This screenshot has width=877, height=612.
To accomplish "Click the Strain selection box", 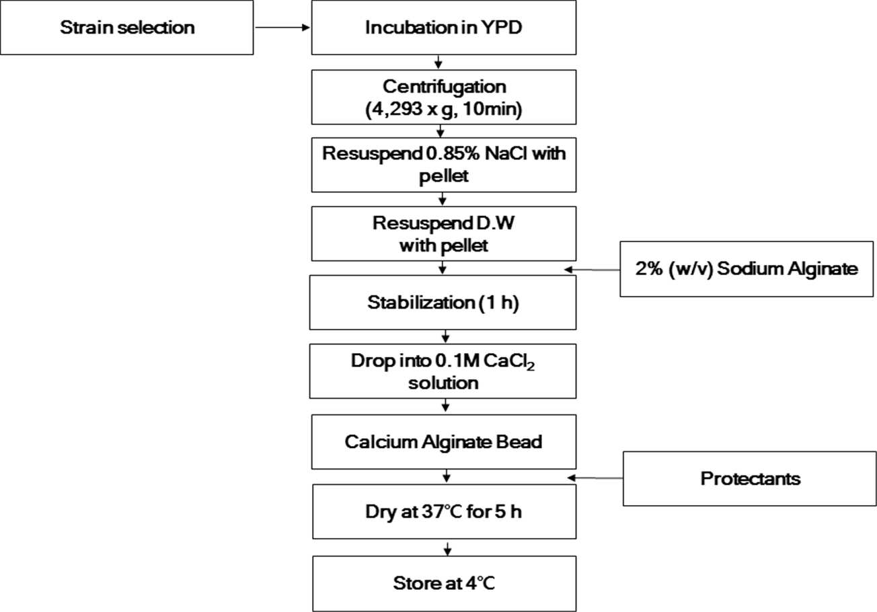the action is [127, 28].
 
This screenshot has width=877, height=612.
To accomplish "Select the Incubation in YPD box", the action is [444, 28].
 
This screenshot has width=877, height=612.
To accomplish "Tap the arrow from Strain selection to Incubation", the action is [282, 28].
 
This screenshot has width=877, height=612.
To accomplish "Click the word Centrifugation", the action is [444, 87].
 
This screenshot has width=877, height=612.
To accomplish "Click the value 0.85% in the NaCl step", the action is [452, 153].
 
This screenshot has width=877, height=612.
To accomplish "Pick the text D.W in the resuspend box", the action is [495, 223].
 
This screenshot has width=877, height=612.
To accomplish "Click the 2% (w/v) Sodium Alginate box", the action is [747, 268].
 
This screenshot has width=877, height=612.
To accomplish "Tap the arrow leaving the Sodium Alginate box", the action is [592, 270].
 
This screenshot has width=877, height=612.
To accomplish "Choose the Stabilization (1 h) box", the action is [443, 302].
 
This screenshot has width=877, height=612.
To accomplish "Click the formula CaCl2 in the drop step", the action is [509, 361].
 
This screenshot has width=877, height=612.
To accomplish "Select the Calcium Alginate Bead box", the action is [444, 442].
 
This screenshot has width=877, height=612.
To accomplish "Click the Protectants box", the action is [749, 478].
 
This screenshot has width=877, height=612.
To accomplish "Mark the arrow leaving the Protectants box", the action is [595, 477].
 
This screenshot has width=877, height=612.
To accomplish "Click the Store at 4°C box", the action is [445, 583].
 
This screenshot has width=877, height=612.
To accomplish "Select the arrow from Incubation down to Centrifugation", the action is [438, 62].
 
